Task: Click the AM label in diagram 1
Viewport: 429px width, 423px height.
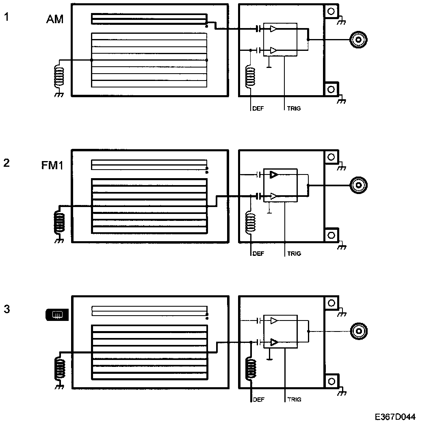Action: pos(55,19)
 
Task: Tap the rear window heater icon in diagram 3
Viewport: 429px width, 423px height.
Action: pos(56,314)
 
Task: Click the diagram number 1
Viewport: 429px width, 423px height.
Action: pos(6,17)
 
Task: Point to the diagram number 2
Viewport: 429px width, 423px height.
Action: pos(6,163)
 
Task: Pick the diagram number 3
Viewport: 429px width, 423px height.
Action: pos(6,309)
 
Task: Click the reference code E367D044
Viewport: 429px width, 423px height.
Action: pos(395,417)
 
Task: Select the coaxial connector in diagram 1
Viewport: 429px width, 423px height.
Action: pos(359,39)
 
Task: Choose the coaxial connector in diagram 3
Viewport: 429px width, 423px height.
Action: pos(359,331)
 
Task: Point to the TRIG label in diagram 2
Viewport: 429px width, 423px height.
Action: pos(294,254)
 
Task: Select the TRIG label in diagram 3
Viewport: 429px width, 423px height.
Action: pos(294,399)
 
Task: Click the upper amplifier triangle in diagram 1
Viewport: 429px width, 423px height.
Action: pos(273,29)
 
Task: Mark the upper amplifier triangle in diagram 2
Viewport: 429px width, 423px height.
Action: pos(273,175)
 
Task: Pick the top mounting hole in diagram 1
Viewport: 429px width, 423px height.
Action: pos(331,11)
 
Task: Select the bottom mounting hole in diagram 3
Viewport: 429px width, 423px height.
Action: pos(331,381)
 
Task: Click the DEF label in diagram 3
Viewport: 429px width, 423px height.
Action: pos(258,399)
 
